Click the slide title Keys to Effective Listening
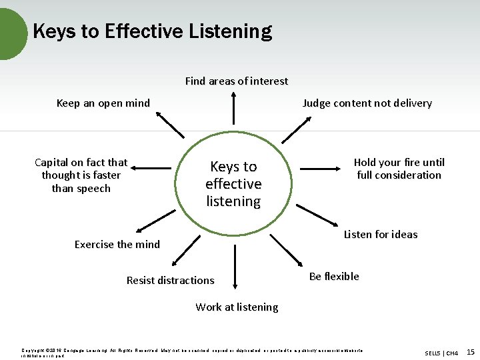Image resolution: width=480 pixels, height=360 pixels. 152,31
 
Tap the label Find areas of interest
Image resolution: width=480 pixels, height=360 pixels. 237,81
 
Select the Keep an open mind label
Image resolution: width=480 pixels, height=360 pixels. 103,103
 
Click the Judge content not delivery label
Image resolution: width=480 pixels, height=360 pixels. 367,103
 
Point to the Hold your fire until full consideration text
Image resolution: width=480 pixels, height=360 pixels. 399,169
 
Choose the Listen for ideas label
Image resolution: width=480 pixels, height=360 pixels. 380,234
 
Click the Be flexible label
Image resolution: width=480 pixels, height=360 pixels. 334,276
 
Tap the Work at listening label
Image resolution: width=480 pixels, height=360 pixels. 237,307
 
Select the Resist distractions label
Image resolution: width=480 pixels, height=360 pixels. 171,280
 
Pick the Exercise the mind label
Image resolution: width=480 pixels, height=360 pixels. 117,244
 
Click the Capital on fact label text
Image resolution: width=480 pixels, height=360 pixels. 81,175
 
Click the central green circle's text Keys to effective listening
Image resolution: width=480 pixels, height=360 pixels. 233,183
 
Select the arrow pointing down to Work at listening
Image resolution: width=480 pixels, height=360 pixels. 234,267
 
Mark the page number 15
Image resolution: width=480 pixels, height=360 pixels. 471,351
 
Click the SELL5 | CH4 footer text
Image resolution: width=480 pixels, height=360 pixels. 441,353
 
